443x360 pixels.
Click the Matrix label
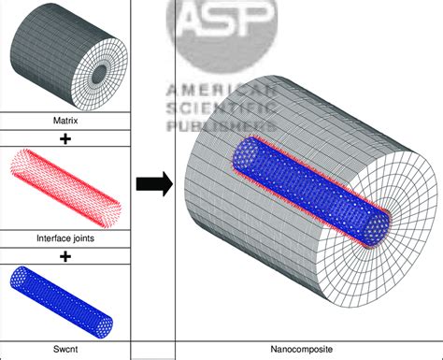coord(64,121)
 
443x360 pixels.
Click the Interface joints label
coord(64,238)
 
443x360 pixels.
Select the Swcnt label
coord(64,351)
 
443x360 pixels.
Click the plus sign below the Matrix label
coord(64,137)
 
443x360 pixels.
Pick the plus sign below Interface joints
coord(64,253)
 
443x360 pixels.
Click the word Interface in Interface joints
coord(52,238)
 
